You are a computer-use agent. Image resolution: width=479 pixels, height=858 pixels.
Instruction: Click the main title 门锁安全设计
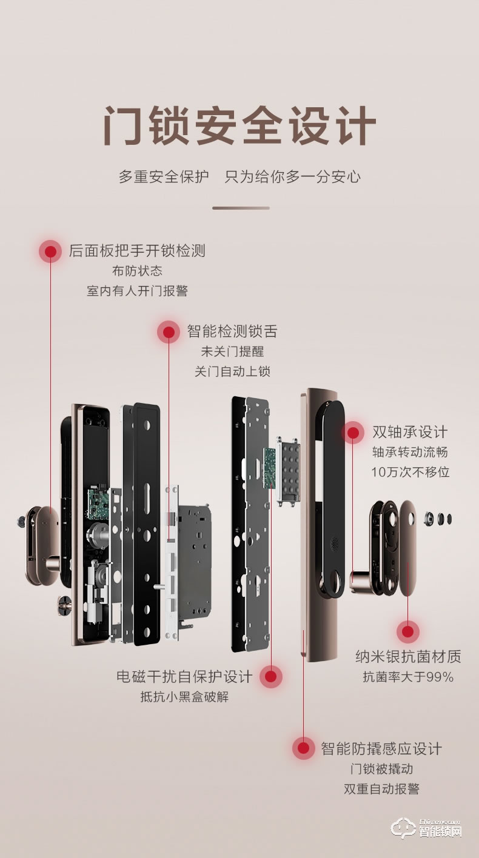coord(239,126)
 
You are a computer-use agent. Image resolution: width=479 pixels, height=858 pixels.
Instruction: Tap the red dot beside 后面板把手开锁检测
coord(50,251)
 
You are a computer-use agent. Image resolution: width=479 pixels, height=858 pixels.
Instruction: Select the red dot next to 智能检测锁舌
coord(169,332)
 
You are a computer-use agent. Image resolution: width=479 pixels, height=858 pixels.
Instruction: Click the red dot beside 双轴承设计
coord(352,433)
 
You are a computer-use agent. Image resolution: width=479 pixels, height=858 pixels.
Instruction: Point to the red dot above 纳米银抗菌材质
coord(408,632)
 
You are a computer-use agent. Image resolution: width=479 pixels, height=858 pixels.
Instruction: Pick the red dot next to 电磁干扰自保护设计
coord(271,676)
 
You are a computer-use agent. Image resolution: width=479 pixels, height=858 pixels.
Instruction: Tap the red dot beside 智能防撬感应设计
coord(303,748)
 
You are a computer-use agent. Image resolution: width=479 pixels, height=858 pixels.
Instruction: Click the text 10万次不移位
coord(410,472)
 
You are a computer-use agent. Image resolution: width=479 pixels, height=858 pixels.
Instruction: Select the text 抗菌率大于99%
coord(408,677)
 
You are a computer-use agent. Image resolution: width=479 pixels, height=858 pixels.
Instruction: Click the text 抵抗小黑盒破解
coord(184,696)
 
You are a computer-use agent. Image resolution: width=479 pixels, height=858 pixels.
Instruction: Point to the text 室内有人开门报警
coord(137,291)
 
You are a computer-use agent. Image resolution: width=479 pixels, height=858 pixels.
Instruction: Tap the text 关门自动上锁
coord(232,371)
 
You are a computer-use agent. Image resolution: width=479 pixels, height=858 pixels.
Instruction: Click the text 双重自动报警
coord(381,788)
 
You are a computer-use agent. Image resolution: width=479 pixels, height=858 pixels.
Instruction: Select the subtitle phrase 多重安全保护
coord(164,177)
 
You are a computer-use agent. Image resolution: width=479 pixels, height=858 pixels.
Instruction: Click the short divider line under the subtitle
coord(241,208)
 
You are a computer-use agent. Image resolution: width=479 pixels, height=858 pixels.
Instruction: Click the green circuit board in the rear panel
coord(96,504)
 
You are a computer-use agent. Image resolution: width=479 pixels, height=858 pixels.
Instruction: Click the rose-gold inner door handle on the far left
coord(39,545)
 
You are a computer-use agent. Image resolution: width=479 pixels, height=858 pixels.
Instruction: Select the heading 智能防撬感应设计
coord(381,748)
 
